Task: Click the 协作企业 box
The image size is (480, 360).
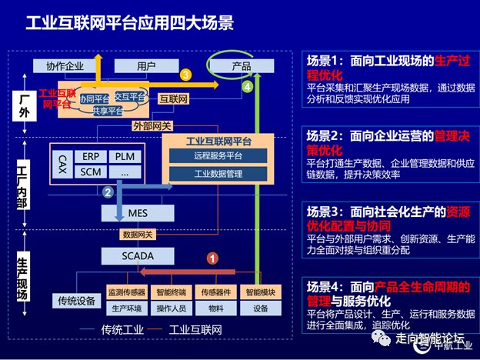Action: coord(65,66)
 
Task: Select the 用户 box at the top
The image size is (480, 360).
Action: coord(146,66)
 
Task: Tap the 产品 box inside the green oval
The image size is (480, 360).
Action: coord(241,66)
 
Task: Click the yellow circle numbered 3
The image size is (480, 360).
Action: coord(185,75)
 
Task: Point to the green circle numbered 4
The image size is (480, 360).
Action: coord(247,88)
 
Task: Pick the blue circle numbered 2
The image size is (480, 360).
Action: coord(108,192)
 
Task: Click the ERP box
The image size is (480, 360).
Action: coord(91,156)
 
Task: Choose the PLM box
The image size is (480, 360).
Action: coord(124,156)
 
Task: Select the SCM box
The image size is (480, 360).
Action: coord(91,172)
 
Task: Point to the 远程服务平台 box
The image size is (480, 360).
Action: coord(219,156)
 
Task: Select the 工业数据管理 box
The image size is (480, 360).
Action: coord(219,173)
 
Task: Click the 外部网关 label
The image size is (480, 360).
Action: coord(152,125)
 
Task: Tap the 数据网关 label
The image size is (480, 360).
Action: coord(138,234)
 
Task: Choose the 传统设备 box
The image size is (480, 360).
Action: coord(76,300)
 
